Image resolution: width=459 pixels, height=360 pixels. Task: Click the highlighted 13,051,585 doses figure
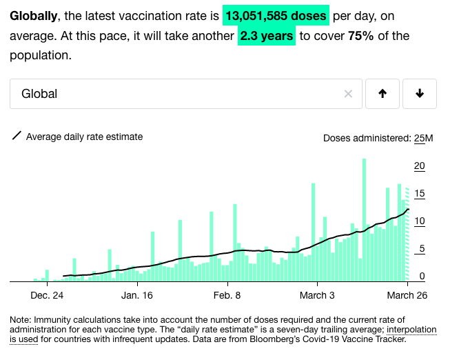(x=276, y=16)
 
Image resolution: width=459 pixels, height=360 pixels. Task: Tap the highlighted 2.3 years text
(x=267, y=36)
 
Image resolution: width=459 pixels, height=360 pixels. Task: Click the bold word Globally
(x=33, y=16)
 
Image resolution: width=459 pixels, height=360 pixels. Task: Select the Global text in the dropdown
(x=39, y=94)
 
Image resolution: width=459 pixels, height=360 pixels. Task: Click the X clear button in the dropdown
(x=348, y=94)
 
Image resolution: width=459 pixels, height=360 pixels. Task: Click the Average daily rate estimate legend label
(x=84, y=137)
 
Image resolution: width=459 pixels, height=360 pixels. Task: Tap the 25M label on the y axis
(x=423, y=138)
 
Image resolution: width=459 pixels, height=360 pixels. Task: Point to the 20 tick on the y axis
(x=419, y=166)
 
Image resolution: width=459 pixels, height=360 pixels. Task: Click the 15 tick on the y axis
(x=419, y=194)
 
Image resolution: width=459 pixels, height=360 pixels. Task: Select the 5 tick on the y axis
(x=421, y=249)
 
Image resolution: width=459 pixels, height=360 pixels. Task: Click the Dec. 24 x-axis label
(x=48, y=295)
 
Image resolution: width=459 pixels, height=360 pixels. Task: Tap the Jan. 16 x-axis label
(x=138, y=295)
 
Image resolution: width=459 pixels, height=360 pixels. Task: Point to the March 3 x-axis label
(x=318, y=295)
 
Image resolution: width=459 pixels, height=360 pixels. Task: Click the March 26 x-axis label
(x=407, y=295)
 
